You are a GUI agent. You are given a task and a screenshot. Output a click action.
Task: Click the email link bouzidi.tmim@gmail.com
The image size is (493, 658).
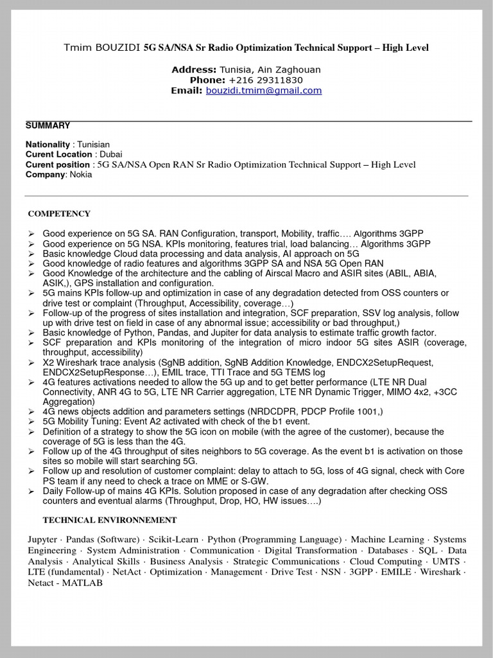click(x=263, y=91)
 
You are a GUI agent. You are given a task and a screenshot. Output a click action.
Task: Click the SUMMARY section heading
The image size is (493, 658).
click(x=48, y=126)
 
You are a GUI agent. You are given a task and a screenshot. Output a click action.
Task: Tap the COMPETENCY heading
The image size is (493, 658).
click(x=59, y=214)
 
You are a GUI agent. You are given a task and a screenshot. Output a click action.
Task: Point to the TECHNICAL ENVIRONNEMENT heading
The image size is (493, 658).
click(x=110, y=520)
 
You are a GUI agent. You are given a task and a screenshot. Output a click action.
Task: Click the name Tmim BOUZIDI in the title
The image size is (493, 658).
click(x=102, y=48)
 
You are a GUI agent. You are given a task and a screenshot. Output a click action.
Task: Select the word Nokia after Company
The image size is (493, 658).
click(x=81, y=175)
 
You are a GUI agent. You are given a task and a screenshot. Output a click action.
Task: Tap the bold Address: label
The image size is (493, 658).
click(x=194, y=69)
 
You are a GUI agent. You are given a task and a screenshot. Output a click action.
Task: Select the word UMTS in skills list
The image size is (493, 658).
click(x=446, y=562)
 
